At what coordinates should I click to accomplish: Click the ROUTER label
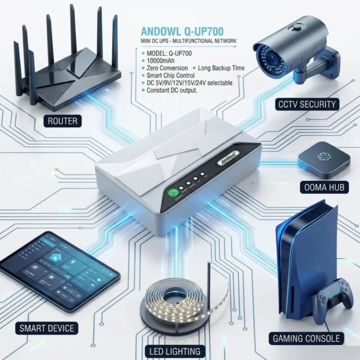click(63, 121)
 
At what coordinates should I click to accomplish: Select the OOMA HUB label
click(324, 187)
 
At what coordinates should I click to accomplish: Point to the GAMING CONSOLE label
click(307, 339)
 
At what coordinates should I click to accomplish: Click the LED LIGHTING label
click(174, 351)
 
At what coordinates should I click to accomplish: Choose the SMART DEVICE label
click(47, 329)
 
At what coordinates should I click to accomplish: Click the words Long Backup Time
click(221, 68)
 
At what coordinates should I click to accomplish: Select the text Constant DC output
click(172, 90)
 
